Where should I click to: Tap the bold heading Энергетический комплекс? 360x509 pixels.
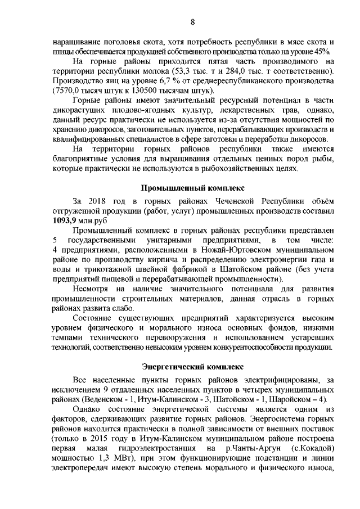pos(192,366)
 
